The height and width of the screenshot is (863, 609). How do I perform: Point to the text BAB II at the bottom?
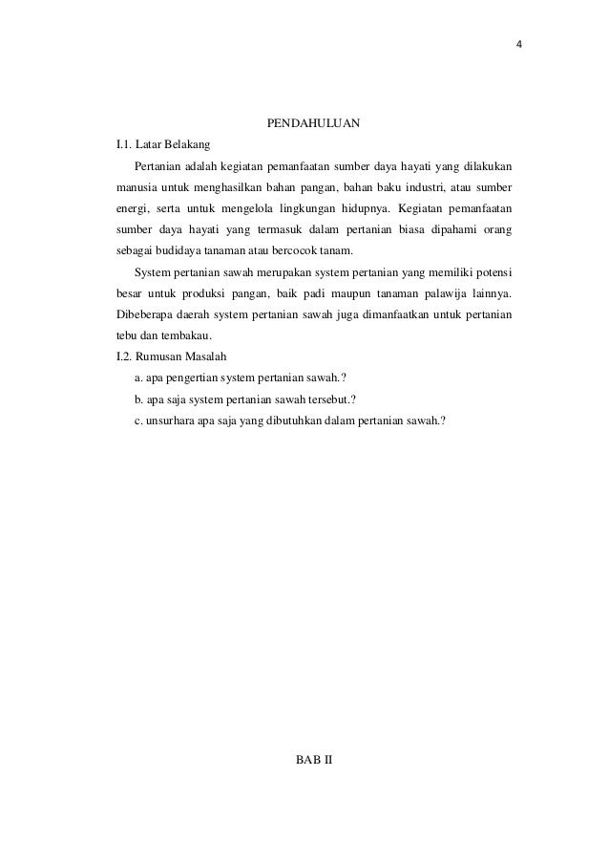click(313, 759)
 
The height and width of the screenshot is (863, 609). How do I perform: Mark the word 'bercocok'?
click(297, 250)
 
